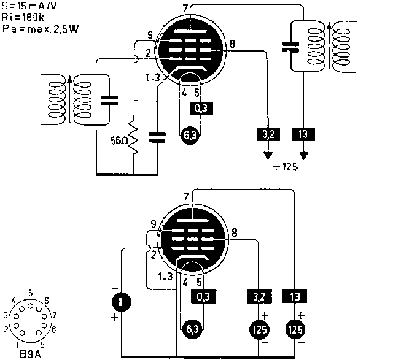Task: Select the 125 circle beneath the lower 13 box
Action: [295, 329]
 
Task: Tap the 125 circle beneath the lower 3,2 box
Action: [258, 329]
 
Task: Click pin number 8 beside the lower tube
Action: [234, 232]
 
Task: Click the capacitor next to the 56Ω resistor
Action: [157, 136]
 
